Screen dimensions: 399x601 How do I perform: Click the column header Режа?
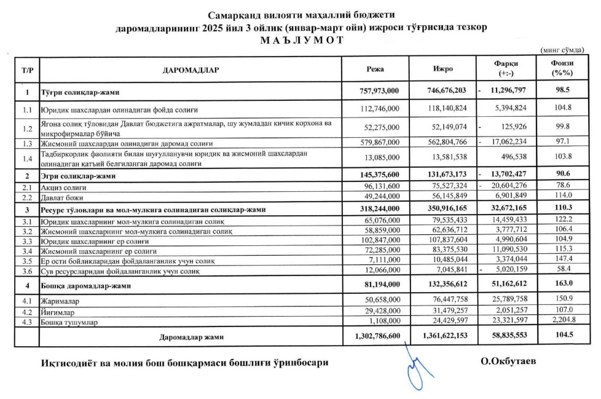coord(375,69)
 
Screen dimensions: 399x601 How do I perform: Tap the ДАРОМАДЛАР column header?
coord(191,70)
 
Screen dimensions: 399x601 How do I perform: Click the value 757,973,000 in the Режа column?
coord(379,91)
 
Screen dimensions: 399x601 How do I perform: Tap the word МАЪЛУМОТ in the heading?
coord(300,40)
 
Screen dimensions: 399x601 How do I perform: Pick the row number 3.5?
coord(26,261)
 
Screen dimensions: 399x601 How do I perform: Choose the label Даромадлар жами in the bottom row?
coord(190,338)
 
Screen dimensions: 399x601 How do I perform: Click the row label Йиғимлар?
coord(59,312)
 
